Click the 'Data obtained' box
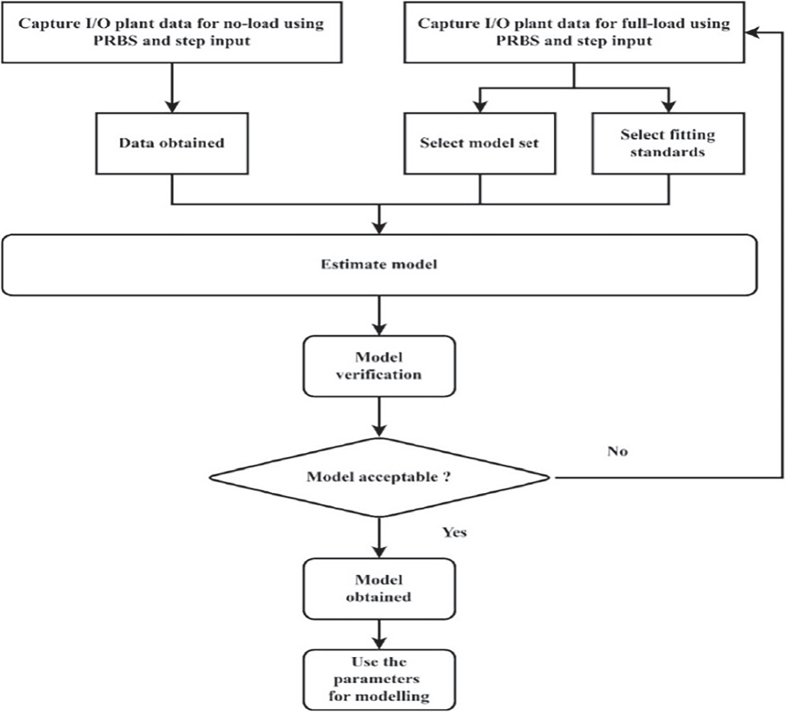point(172,143)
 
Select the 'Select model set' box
point(479,143)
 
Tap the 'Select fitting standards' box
point(667,143)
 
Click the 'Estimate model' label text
point(379,264)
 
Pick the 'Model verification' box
point(379,366)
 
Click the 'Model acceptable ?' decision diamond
point(379,477)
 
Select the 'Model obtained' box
point(379,588)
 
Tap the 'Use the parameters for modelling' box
point(379,678)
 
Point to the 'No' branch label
point(617,451)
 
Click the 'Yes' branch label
point(454,532)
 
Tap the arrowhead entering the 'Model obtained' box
point(379,551)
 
